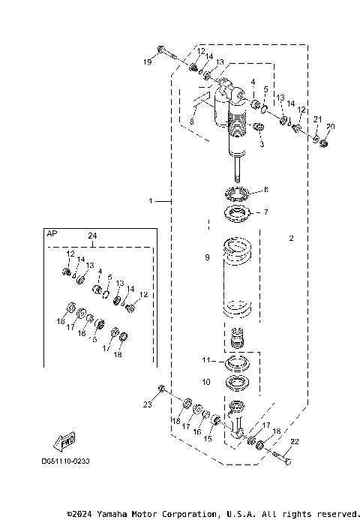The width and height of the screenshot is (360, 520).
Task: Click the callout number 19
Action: [147, 62]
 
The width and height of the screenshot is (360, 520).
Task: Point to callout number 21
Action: [317, 120]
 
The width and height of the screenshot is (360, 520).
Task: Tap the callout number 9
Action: [207, 257]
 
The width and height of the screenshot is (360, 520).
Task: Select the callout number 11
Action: [207, 361]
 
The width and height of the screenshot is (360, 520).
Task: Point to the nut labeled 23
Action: [160, 388]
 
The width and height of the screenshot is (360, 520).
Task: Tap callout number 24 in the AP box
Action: [92, 236]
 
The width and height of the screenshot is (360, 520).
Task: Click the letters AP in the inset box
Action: [52, 234]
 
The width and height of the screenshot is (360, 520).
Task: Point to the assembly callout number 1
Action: [151, 201]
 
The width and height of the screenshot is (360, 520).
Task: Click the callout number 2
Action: [291, 238]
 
